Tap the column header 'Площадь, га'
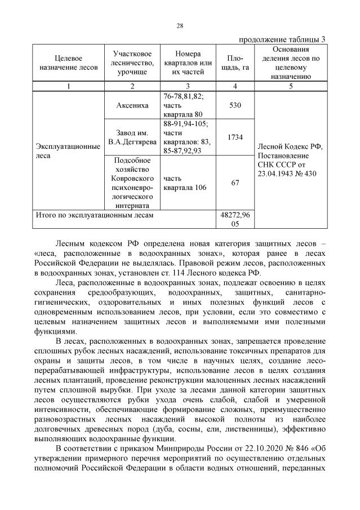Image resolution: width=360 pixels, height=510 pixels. tap(235, 63)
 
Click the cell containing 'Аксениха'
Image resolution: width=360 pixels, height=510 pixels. tap(132, 105)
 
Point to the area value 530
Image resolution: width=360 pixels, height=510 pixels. tap(235, 105)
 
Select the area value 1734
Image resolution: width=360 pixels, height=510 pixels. tap(235, 137)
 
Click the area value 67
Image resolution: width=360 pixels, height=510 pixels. tap(235, 183)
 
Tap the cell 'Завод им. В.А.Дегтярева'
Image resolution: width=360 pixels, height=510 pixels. tap(132, 138)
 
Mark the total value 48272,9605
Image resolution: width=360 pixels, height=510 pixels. tap(235, 219)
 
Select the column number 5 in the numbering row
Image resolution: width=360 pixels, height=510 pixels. tap(291, 86)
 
